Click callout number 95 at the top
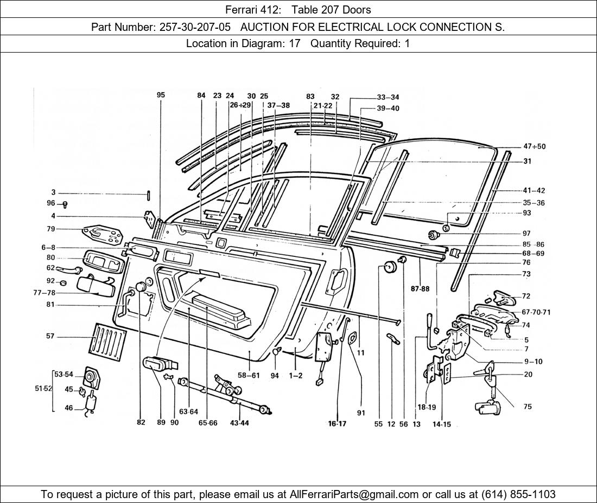coord(161,95)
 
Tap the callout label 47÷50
coord(534,146)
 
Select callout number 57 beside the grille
coord(50,337)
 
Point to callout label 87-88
coord(420,289)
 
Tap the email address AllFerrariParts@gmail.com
coord(354,494)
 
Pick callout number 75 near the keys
coord(528,407)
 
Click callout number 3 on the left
coord(53,192)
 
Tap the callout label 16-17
coord(337,424)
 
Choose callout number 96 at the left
coord(50,203)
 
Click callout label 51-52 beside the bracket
coord(43,388)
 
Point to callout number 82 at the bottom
coord(141,423)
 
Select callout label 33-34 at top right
coord(388,98)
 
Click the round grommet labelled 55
coord(388,267)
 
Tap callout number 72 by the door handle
coord(526,296)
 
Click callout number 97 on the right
coord(526,233)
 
